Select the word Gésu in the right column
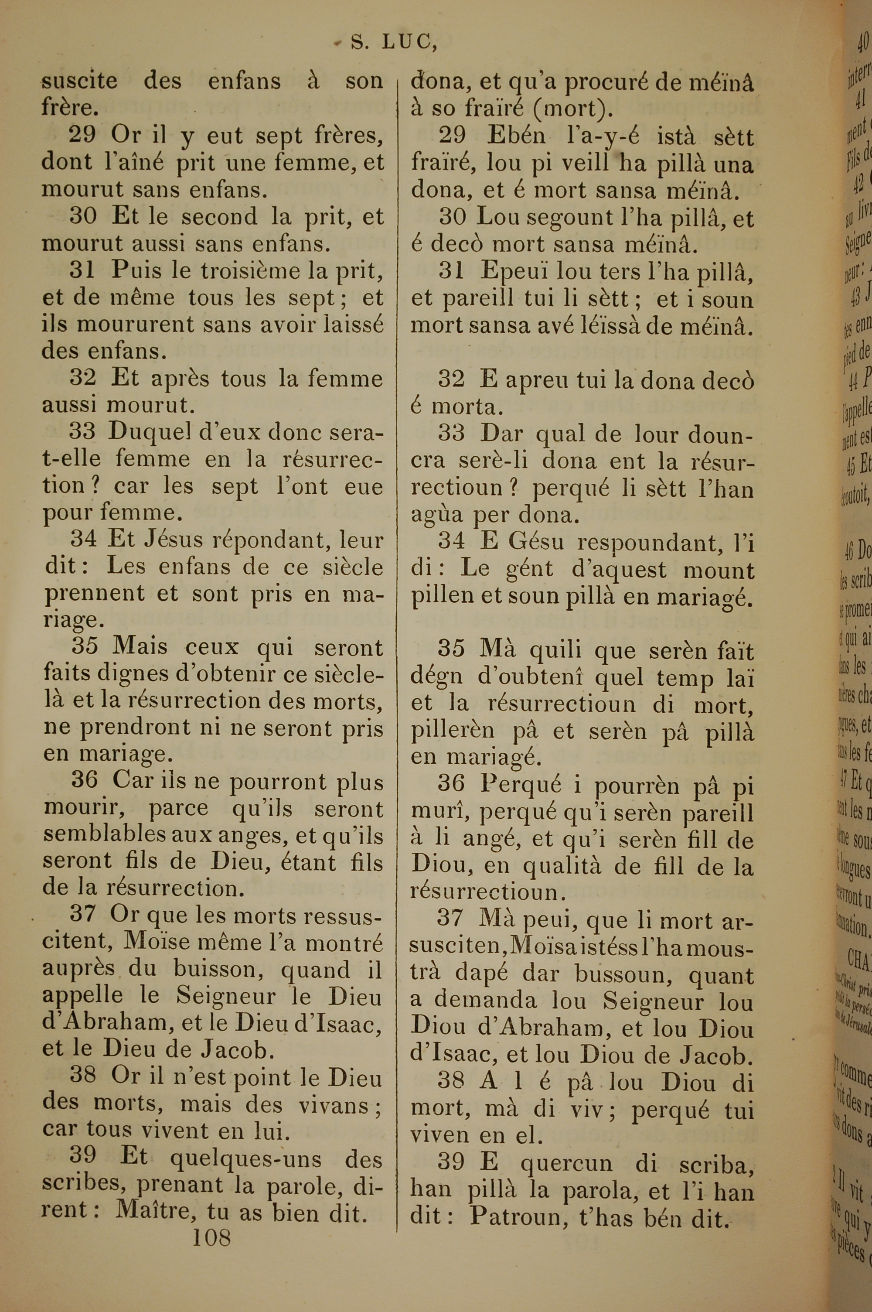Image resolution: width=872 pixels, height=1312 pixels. pyautogui.click(x=535, y=542)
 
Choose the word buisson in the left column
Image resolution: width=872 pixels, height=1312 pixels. pyautogui.click(x=214, y=968)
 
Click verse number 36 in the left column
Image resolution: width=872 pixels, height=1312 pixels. pyautogui.click(x=85, y=780)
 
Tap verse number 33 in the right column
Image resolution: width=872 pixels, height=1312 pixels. pyautogui.click(x=452, y=432)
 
